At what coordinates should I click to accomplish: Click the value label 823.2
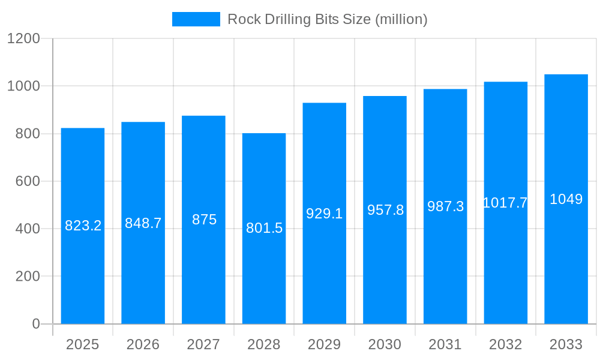click(83, 226)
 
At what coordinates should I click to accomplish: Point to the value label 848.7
click(143, 223)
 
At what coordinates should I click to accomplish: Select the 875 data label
click(204, 220)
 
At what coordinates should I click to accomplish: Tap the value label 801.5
click(264, 228)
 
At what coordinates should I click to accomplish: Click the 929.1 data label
click(325, 214)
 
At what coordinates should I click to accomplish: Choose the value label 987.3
click(445, 206)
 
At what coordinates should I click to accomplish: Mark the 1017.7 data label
click(505, 203)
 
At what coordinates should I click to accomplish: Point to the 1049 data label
click(566, 199)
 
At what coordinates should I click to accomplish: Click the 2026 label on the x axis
click(143, 344)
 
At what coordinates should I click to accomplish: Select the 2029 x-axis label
click(325, 344)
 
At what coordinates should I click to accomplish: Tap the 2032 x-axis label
click(505, 344)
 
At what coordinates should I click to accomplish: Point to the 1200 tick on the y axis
click(23, 38)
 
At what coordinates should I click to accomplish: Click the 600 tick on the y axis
click(28, 181)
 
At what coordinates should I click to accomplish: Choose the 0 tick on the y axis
click(35, 324)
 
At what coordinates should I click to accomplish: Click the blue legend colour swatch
click(196, 19)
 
